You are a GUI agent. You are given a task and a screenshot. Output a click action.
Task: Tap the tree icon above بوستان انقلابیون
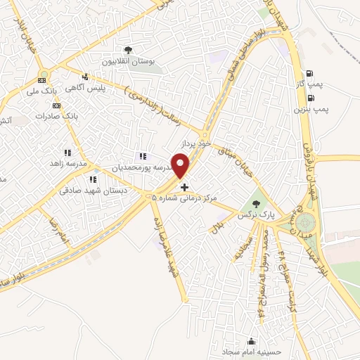click(128, 50)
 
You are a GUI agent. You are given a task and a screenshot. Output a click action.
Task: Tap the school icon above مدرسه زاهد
click(67, 153)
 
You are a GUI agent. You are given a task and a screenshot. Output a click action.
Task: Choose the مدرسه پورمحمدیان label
click(140, 167)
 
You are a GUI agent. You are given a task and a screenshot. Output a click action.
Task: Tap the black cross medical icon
click(185, 187)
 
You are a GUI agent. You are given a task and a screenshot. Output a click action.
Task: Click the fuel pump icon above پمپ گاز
click(309, 72)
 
